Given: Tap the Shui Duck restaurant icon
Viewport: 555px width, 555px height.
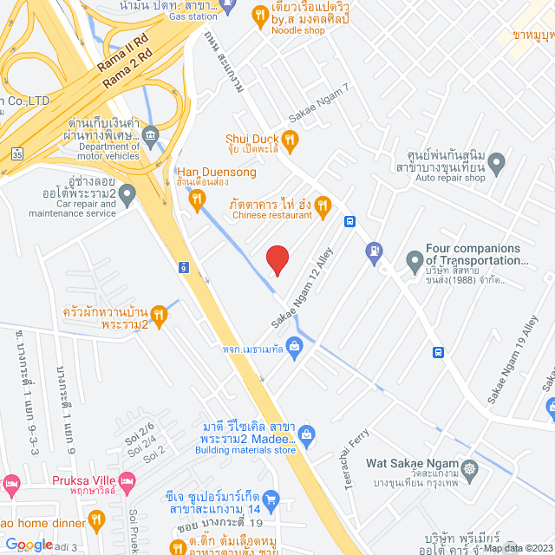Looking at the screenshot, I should pos(291,139).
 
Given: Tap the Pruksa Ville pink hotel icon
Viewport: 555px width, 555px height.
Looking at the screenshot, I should pos(127,480).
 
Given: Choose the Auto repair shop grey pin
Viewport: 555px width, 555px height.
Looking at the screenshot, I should pos(497,162).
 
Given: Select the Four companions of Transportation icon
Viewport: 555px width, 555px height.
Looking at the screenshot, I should pos(415,259).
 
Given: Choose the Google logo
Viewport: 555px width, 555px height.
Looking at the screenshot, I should pos(29,544).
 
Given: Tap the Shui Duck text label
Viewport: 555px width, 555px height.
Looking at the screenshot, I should pos(253,139).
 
